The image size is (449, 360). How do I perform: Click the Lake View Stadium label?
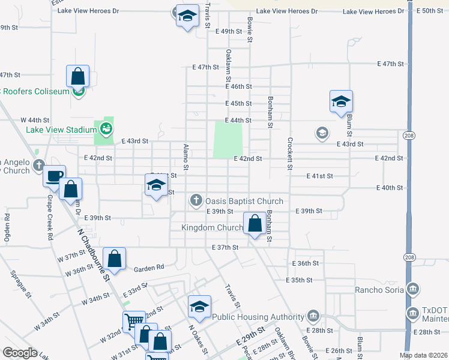pos(61,130)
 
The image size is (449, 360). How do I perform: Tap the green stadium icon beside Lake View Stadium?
pos(106,128)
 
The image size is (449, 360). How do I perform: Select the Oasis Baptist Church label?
pos(243,201)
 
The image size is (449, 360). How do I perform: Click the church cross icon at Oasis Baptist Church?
pos(196,200)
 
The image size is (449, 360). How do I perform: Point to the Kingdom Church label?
pos(213,227)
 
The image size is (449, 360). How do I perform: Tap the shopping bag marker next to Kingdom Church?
pos(255,223)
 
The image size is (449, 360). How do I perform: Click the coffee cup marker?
pos(54,176)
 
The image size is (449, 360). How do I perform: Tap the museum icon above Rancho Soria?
pos(412,289)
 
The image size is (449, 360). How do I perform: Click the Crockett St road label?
pos(290,155)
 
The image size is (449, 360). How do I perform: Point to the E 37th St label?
pos(226,247)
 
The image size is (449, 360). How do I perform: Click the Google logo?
pos(20,353)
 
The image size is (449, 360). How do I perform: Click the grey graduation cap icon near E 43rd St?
pos(322,133)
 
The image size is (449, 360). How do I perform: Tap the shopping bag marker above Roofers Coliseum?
pos(78,76)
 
